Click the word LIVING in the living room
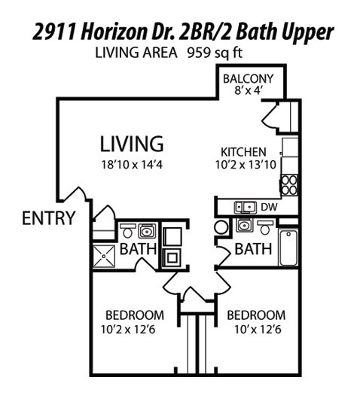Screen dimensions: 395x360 click(x=132, y=143)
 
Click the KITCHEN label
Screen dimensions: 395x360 click(x=243, y=150)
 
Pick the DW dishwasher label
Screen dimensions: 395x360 click(x=269, y=206)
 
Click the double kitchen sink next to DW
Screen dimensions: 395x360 click(x=243, y=206)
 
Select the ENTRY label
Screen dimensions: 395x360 click(x=48, y=219)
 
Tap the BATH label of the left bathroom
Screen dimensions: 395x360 click(x=138, y=249)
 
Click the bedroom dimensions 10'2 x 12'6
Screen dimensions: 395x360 click(x=135, y=328)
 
